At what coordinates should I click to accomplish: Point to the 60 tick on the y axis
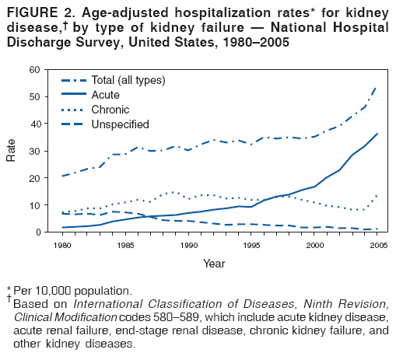[x=34, y=70]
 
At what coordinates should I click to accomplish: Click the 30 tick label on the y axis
[x=34, y=151]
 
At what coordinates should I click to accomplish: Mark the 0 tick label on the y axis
[x=37, y=232]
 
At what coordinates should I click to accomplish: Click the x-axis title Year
[x=215, y=263]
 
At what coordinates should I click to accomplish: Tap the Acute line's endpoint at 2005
[x=377, y=134]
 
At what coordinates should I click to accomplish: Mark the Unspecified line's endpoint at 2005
[x=377, y=229]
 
